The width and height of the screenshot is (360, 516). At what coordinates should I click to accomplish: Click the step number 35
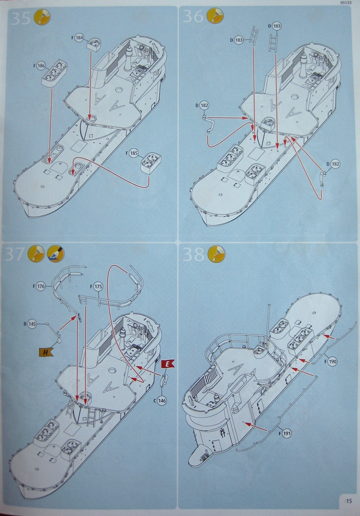(x=21, y=19)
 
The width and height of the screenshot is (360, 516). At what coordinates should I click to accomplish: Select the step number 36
(x=194, y=17)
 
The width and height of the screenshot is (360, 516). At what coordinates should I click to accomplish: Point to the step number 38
(x=194, y=255)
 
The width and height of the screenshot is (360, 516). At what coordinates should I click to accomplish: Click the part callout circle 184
(x=80, y=38)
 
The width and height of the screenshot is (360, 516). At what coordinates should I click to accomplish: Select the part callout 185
(x=134, y=154)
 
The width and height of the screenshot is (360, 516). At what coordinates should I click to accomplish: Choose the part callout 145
(x=32, y=324)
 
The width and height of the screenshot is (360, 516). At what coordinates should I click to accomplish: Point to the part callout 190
(x=333, y=362)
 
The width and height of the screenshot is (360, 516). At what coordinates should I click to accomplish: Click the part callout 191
(x=287, y=434)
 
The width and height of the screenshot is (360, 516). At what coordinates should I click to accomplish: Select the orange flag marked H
(x=46, y=352)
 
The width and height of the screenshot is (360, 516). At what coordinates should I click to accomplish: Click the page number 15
(x=349, y=501)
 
